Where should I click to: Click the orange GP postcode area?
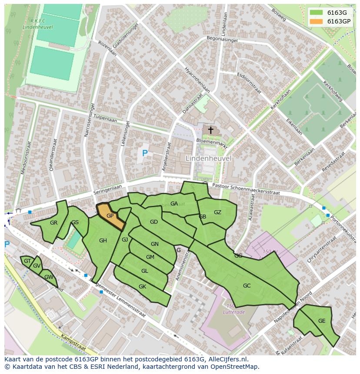[110, 216]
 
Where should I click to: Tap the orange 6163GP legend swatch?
[316, 21]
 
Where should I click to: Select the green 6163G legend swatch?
[316, 13]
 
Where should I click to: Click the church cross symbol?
[211, 130]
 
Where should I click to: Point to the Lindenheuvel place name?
[208, 159]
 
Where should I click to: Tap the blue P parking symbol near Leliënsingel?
[145, 153]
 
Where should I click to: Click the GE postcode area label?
[322, 321]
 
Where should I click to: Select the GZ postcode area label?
[217, 212]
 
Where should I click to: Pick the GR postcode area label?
[53, 223]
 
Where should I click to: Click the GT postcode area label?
[27, 261]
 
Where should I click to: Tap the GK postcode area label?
[142, 287]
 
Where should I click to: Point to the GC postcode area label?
[247, 286]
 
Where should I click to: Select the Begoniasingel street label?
[222, 40]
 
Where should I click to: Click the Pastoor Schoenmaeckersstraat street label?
[248, 189]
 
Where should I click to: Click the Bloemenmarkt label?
[212, 143]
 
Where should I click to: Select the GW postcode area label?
[49, 277]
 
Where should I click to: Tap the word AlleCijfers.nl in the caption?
[227, 359]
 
